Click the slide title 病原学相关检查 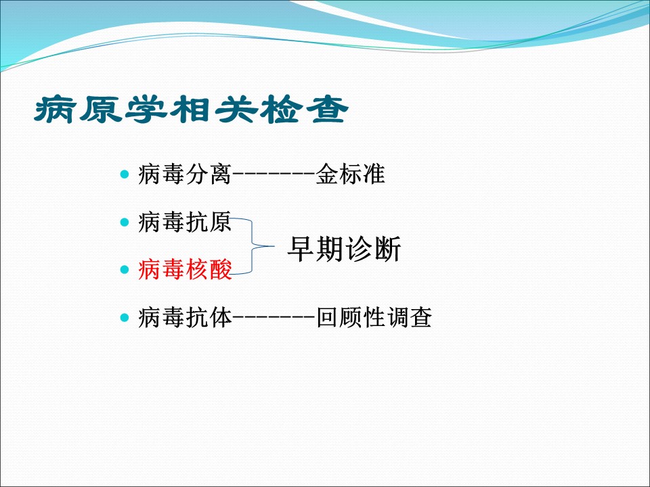[x=191, y=110]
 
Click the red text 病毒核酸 [x=185, y=269]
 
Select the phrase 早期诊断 [x=344, y=249]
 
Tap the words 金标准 [x=351, y=174]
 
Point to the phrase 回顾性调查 [x=374, y=318]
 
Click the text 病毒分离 [x=185, y=174]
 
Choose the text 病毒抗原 [x=185, y=222]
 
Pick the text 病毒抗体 [x=185, y=318]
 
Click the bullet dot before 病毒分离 [x=125, y=174]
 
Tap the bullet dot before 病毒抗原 [x=125, y=223]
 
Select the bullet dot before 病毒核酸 [x=125, y=270]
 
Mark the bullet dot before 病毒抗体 [x=125, y=318]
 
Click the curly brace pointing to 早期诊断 [x=253, y=246]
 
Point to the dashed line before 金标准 [x=274, y=175]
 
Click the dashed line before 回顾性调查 [x=274, y=318]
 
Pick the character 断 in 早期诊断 [x=387, y=249]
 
